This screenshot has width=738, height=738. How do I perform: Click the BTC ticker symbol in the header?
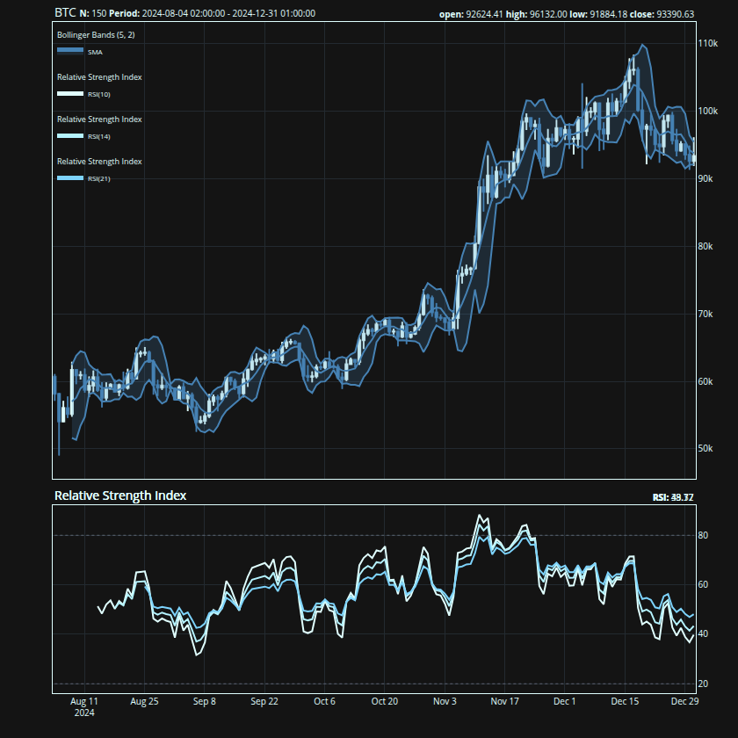click(65, 13)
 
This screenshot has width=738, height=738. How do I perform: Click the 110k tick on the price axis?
click(707, 43)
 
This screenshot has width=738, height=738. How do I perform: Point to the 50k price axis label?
click(705, 448)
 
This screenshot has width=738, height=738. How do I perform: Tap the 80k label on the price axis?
click(705, 246)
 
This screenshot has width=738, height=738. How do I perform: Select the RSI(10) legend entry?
click(98, 94)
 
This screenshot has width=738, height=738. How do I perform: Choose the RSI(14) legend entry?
click(98, 136)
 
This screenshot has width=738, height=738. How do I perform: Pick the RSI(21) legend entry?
click(98, 178)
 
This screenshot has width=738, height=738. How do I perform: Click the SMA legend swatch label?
click(94, 53)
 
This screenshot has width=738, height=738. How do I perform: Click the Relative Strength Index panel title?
click(120, 496)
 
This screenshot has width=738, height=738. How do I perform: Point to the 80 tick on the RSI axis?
click(703, 535)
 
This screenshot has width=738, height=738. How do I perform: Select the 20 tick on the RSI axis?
click(703, 684)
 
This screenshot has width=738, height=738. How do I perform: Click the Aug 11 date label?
click(83, 702)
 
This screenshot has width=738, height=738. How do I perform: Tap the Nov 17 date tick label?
click(505, 702)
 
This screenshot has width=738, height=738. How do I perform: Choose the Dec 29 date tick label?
click(684, 702)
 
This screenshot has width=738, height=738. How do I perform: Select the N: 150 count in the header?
click(98, 14)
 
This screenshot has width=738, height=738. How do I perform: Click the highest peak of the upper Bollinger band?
click(643, 45)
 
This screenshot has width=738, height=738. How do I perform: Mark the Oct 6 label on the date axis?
click(324, 702)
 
